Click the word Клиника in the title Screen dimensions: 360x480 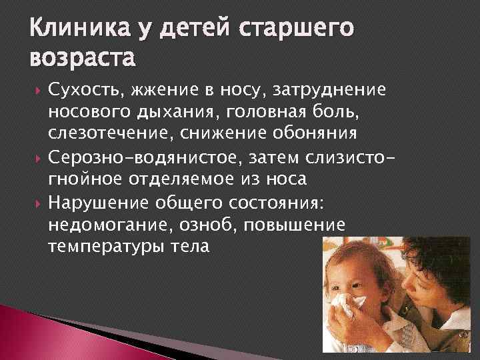pos(74,31)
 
